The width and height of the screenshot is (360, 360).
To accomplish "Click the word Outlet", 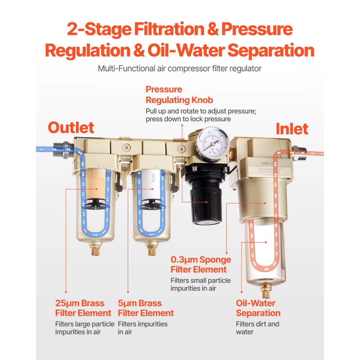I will click(x=71, y=128).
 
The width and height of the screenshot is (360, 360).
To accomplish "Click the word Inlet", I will click(x=292, y=129).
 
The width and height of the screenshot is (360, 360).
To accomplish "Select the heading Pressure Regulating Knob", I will click(x=179, y=95).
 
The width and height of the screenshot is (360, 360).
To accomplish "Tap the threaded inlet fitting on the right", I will click(x=298, y=150).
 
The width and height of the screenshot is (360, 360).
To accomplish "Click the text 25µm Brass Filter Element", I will click(x=83, y=308).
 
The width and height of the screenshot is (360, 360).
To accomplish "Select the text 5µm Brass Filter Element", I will click(x=146, y=308).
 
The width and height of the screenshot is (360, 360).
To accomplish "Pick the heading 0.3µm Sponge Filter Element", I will click(x=201, y=265).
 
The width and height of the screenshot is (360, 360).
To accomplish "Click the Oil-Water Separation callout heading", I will click(x=258, y=308).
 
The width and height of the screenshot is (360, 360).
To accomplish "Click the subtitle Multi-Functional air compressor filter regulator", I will click(x=180, y=68).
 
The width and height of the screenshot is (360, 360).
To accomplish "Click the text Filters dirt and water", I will click(x=257, y=328).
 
